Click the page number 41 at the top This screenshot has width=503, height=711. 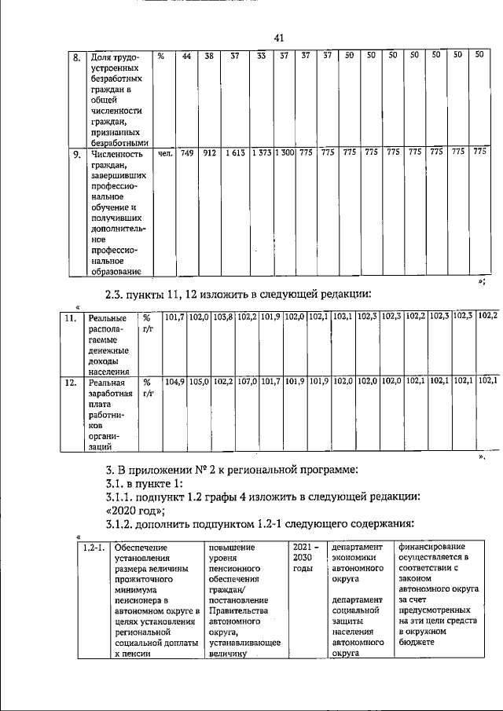tap(278, 38)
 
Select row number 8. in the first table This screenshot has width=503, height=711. tap(77, 57)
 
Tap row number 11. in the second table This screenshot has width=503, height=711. tap(70, 318)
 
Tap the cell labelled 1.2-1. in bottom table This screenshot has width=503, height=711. tap(94, 548)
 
